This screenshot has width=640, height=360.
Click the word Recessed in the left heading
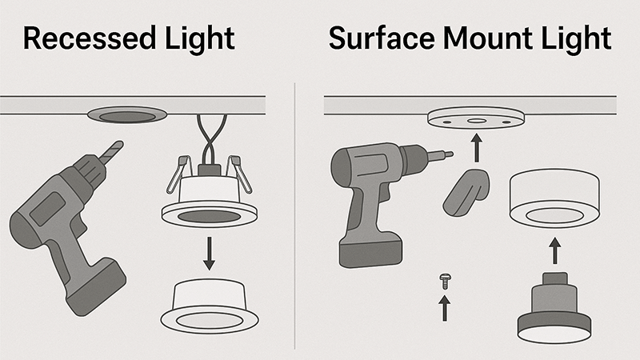point(75,38)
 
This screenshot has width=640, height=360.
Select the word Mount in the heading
point(481,38)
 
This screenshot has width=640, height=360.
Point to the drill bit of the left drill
point(111,151)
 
